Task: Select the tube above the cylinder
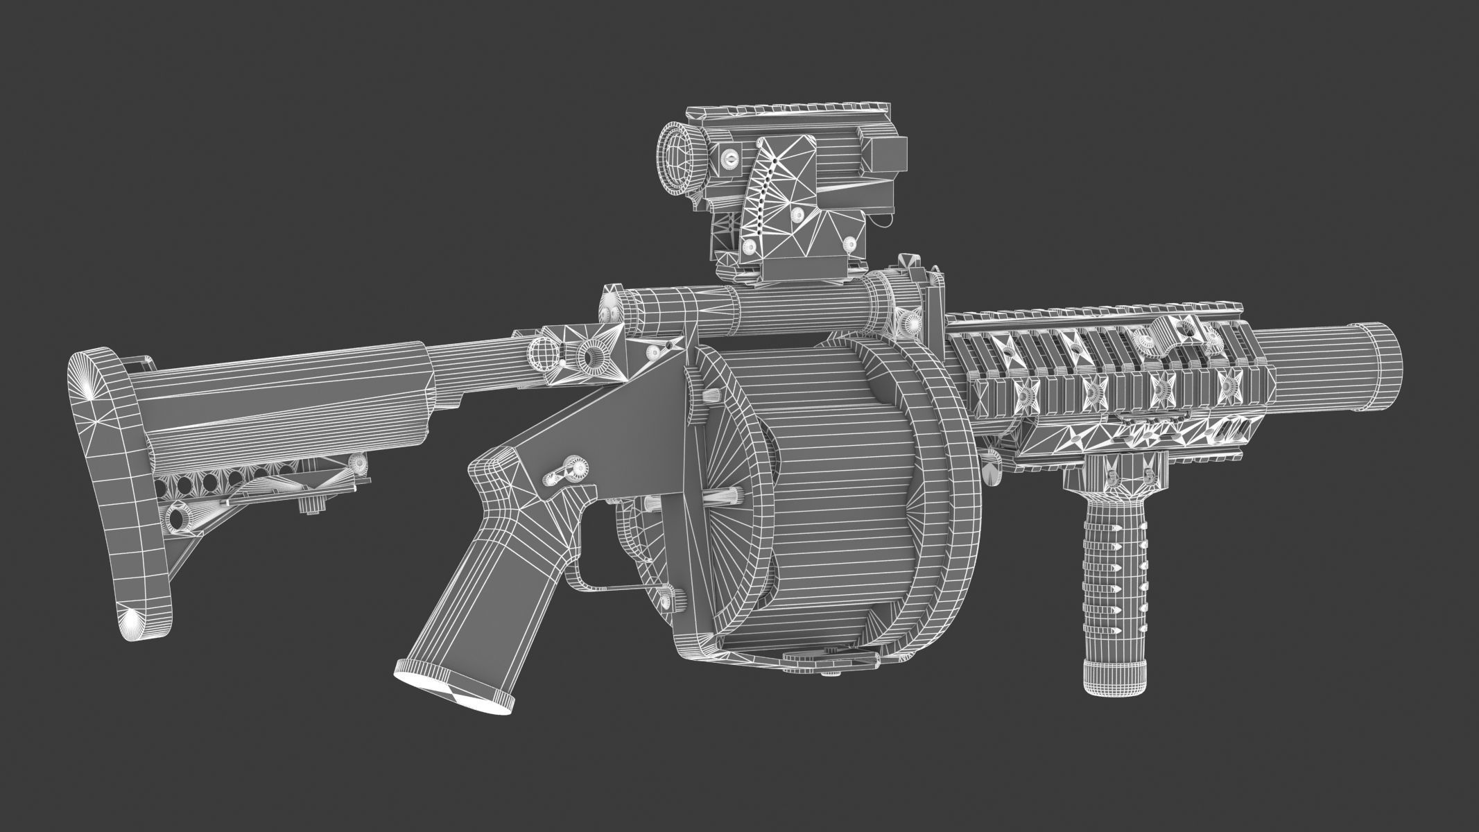click(804, 308)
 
